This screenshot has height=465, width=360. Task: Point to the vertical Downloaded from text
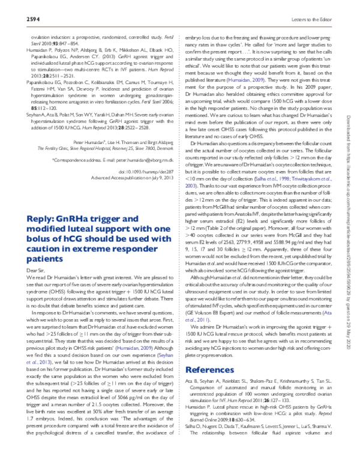click(351, 120)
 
